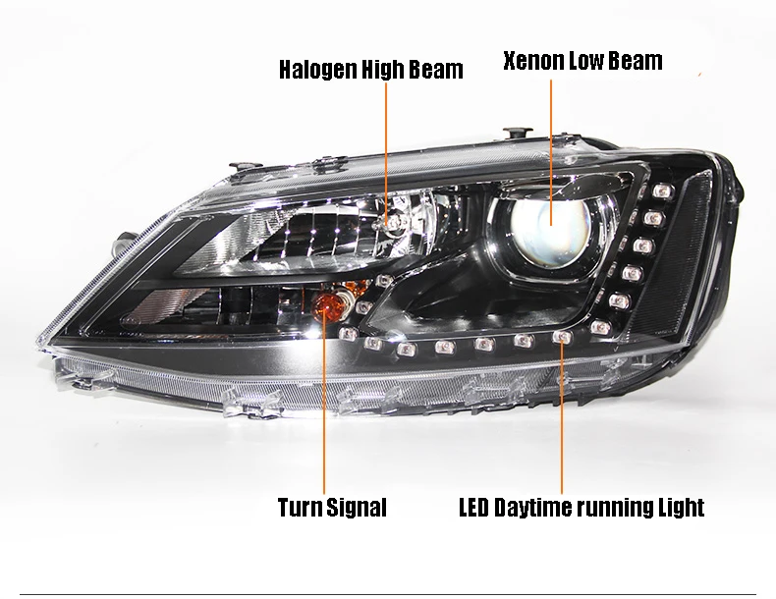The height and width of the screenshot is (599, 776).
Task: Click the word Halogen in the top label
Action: pos(317,70)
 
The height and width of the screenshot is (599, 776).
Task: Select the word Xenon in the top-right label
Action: pos(533,61)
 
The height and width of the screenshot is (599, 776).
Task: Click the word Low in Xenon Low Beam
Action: pos(586,61)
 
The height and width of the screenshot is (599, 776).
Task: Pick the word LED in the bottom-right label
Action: pos(473,508)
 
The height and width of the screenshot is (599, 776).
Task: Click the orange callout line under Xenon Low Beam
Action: pos(551,152)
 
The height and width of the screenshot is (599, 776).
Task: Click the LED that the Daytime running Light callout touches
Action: pos(562,338)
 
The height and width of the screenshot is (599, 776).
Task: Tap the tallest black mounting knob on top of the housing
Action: pos(518,134)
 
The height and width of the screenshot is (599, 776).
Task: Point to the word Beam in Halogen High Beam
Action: pos(439,70)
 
